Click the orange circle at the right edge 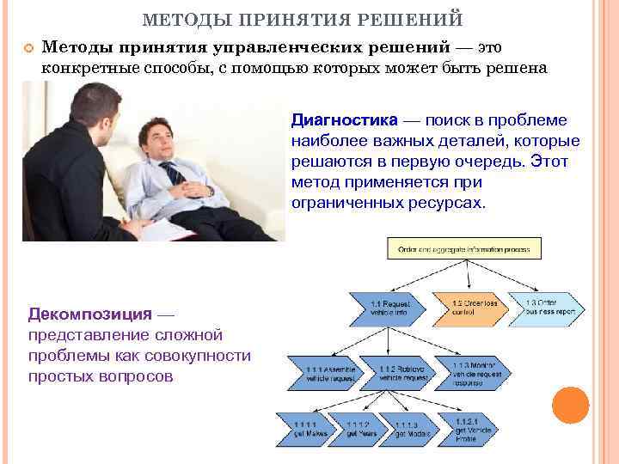pos(570,405)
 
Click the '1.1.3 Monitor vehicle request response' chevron pos(464,371)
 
